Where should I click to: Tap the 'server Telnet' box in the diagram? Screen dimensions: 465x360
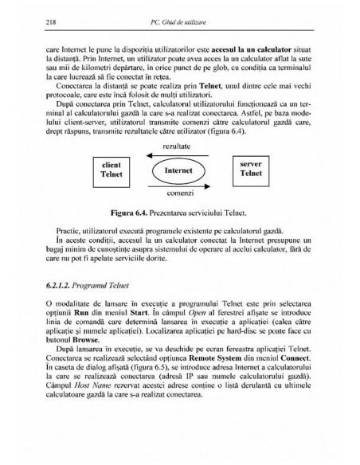[x=251, y=167]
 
